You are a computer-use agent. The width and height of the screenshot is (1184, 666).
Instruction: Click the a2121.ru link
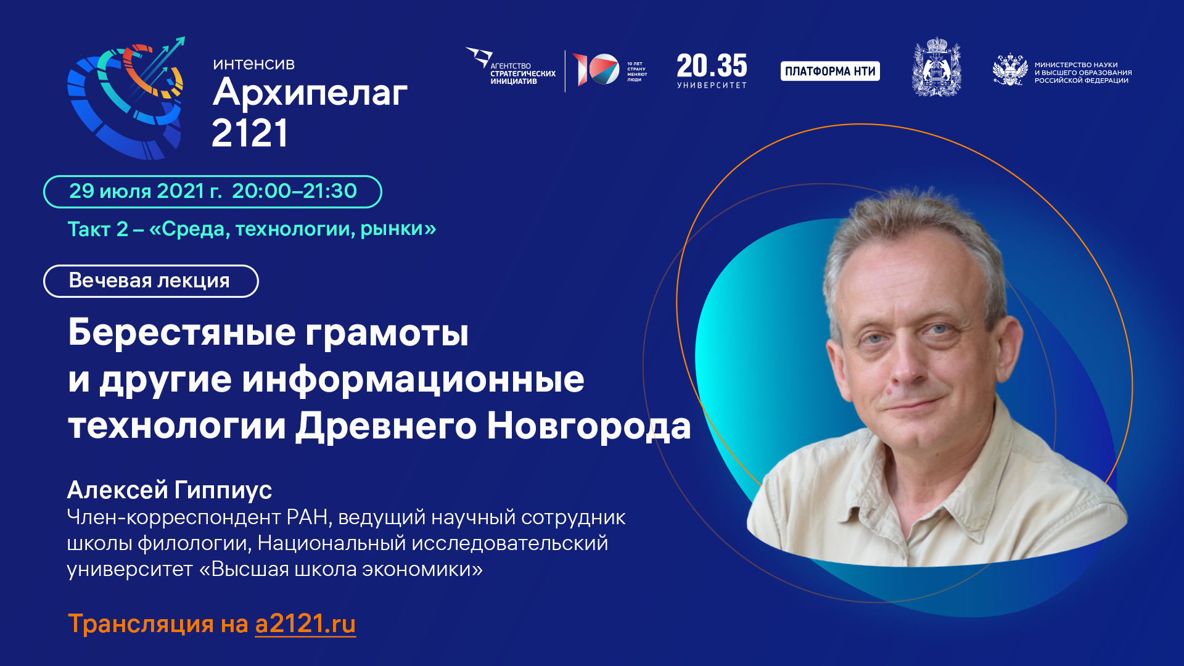(x=305, y=624)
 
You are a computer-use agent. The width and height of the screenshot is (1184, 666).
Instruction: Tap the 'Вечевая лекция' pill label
(x=150, y=281)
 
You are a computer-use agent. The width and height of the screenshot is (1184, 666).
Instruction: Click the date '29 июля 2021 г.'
(x=145, y=191)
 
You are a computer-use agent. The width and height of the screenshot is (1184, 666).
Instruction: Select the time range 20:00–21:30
(x=294, y=191)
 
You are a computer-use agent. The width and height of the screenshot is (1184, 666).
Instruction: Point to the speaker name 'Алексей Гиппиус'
(x=170, y=490)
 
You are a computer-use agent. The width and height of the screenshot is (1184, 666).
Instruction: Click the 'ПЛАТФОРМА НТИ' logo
(x=830, y=71)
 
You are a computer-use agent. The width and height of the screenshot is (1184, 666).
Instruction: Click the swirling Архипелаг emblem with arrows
(x=126, y=99)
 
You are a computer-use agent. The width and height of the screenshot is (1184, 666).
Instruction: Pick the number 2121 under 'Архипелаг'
(x=250, y=133)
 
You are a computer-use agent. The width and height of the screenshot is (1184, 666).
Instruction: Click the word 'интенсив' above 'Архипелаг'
(x=254, y=64)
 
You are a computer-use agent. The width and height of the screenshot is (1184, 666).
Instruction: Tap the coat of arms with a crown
(x=936, y=68)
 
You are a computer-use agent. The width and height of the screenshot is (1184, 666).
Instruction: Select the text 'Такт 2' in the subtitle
(x=98, y=229)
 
